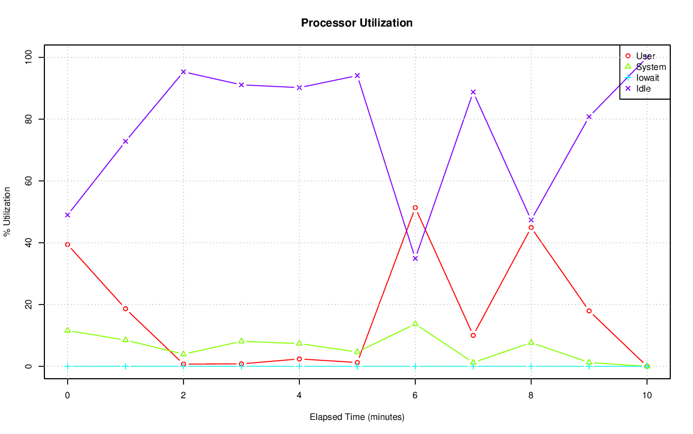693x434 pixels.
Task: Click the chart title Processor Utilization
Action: (x=357, y=23)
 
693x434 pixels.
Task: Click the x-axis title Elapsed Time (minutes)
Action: (x=357, y=417)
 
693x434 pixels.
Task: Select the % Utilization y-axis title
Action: (x=8, y=212)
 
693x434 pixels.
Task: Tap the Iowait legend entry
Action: (x=648, y=77)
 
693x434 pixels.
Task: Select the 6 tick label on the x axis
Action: (x=415, y=396)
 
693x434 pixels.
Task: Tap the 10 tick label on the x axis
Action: (x=646, y=396)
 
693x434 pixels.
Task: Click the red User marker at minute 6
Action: (x=415, y=208)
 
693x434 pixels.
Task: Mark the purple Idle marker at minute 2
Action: (x=184, y=72)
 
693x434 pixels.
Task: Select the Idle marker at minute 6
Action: (x=415, y=258)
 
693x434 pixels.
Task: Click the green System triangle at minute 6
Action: (x=415, y=323)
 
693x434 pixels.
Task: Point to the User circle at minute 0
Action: (x=68, y=244)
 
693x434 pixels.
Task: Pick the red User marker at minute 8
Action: (x=531, y=228)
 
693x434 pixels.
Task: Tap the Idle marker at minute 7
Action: (x=473, y=92)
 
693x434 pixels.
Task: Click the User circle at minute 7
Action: (x=473, y=335)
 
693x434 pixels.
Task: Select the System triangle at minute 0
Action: (x=68, y=330)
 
